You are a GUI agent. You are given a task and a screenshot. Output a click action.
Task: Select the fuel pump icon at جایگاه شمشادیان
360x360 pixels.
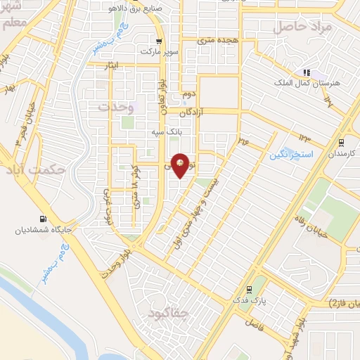(45, 219)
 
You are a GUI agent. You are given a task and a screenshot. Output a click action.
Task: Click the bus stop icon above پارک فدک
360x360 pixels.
(248, 290)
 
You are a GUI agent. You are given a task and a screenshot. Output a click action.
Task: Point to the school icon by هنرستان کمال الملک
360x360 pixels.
(306, 72)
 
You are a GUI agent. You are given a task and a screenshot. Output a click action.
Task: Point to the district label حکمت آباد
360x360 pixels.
(34, 170)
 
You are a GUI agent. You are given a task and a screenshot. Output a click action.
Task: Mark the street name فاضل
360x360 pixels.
(254, 324)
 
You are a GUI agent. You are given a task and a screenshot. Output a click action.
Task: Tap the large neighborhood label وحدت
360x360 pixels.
(116, 107)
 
